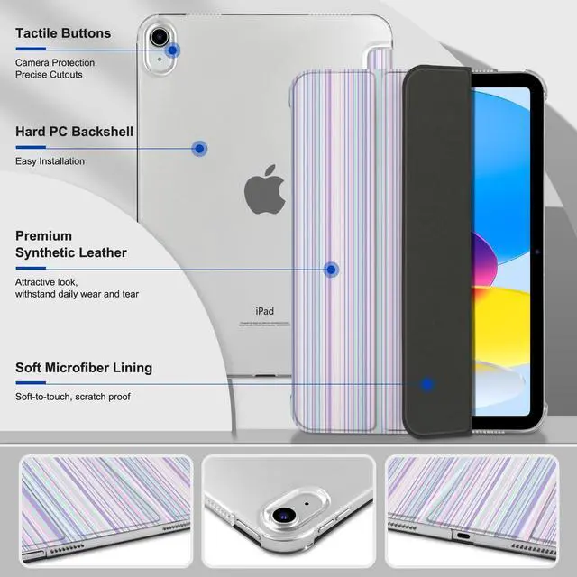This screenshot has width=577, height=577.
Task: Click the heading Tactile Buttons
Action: pos(63,33)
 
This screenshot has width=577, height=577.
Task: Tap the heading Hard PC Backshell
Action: pos(74,132)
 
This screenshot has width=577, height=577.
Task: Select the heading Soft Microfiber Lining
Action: pos(84,368)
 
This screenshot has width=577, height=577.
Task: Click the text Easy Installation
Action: pos(50,161)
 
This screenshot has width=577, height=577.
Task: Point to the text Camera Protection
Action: pos(54,62)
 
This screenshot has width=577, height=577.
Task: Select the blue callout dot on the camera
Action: pos(172,50)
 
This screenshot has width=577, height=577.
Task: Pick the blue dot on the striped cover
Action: pos(331,269)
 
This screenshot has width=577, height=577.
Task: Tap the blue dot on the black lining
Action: pos(427,384)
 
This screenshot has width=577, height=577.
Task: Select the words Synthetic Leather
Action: pos(71,252)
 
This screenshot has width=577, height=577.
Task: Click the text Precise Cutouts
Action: pos(49,75)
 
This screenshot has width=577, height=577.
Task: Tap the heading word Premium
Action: pos(44,235)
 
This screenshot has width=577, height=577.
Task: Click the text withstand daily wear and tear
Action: pos(77,294)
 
